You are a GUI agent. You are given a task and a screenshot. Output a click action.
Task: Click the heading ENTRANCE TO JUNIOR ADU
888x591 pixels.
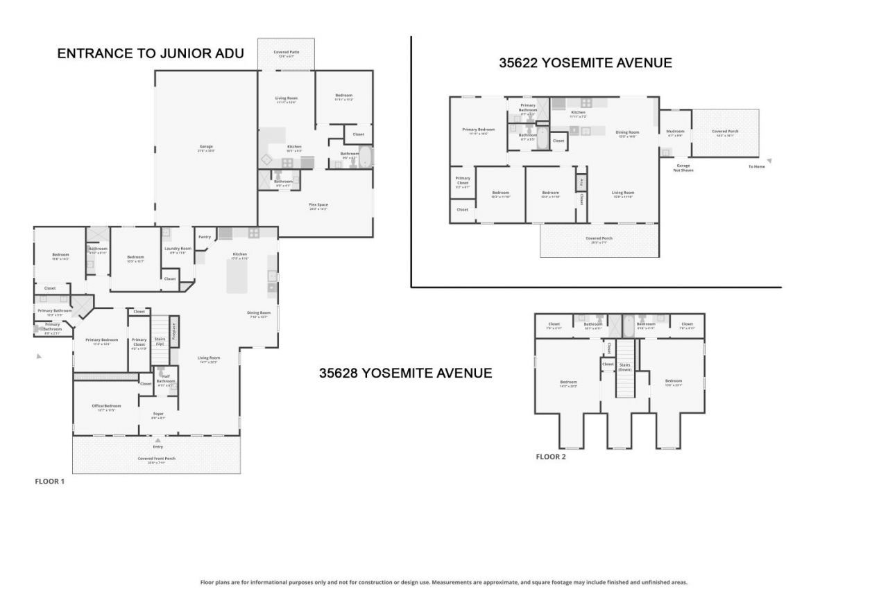pos(151,53)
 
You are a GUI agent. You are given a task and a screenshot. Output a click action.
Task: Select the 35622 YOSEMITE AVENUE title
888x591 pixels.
pos(586,63)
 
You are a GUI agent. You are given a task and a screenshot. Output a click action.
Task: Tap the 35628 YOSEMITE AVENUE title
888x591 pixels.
pos(405,373)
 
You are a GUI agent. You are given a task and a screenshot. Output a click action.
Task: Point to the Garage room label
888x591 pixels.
pos(206,146)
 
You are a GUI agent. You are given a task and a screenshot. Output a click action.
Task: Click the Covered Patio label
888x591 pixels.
pos(286,52)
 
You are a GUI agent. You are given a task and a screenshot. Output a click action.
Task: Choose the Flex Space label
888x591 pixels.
pos(318,204)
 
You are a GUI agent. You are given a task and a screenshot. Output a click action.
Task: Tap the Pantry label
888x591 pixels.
pos(204,237)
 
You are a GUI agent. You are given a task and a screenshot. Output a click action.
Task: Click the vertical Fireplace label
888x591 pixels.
pos(174,331)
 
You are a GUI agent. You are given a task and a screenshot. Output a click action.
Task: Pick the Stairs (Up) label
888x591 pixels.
pos(160,342)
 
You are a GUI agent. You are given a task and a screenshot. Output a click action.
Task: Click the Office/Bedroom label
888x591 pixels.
pos(107,406)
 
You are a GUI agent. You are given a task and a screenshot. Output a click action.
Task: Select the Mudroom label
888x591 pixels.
pos(675,131)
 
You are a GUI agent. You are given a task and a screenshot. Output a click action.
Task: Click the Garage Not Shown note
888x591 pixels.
pos(684,167)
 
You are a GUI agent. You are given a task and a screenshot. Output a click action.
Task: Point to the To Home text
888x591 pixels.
pos(756,166)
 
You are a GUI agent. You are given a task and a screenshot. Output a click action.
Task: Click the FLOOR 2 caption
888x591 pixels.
pos(551,457)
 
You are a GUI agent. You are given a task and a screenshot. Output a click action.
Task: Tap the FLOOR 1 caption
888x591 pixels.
pos(49,481)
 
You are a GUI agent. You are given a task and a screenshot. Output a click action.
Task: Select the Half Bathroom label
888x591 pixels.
pos(166,379)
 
